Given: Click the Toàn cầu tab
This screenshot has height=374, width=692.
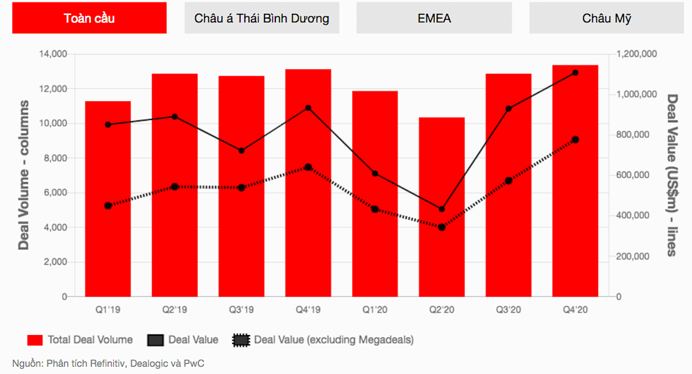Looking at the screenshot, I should [89, 18].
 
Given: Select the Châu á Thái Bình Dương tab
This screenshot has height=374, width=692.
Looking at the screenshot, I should [262, 18].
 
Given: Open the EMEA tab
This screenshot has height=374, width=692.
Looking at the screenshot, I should [434, 18].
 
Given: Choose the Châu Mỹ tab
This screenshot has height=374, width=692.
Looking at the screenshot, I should [606, 18].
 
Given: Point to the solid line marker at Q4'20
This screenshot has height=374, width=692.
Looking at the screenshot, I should [575, 73].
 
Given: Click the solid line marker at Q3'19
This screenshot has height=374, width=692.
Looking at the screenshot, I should [241, 150].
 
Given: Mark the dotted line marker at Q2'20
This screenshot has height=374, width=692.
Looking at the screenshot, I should [442, 227].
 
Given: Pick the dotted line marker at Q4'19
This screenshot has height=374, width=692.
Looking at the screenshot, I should [308, 167].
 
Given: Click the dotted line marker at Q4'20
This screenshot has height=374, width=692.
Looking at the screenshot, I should [575, 140].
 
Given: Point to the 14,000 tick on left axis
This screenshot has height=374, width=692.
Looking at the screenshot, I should [53, 55].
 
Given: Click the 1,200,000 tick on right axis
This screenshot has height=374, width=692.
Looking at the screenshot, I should [637, 55].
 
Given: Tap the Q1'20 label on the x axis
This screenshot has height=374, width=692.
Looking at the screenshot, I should [375, 310].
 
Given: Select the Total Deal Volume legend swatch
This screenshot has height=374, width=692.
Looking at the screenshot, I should [35, 340].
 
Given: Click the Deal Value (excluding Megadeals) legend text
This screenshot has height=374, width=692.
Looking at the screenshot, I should [333, 340].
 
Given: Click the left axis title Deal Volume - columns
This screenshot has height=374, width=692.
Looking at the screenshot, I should [24, 175].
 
